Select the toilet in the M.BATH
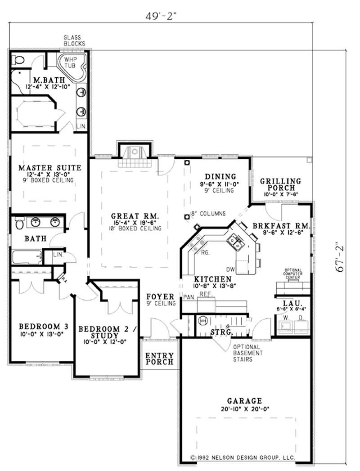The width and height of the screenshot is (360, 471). (18, 60)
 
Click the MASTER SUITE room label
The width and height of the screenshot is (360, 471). (49, 168)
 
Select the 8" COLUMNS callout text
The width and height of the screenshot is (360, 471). (207, 214)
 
